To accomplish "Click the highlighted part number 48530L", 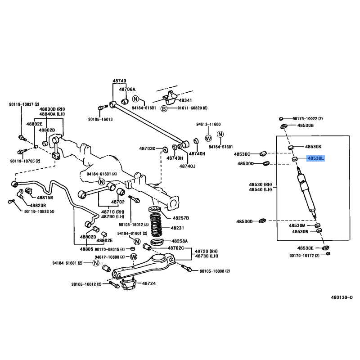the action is [315, 158].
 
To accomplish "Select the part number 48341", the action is [185, 100].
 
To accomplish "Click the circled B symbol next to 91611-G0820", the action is [164, 108].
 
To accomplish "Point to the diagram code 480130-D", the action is [342, 297].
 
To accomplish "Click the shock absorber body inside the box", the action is [307, 193].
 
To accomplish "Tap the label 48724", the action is [149, 283].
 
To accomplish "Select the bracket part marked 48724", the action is [128, 284].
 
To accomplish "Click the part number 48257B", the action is [181, 218].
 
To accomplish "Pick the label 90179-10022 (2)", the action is [308, 119].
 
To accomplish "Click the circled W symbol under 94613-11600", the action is [208, 138].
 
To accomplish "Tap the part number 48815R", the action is [45, 198].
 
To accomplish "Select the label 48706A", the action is [127, 89].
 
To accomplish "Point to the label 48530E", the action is [306, 248].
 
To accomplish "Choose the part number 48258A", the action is [180, 241].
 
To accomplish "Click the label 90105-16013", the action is [100, 119].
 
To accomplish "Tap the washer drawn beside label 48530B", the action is [284, 126].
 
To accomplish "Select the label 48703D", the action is [148, 148].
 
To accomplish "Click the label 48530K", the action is [313, 147].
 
